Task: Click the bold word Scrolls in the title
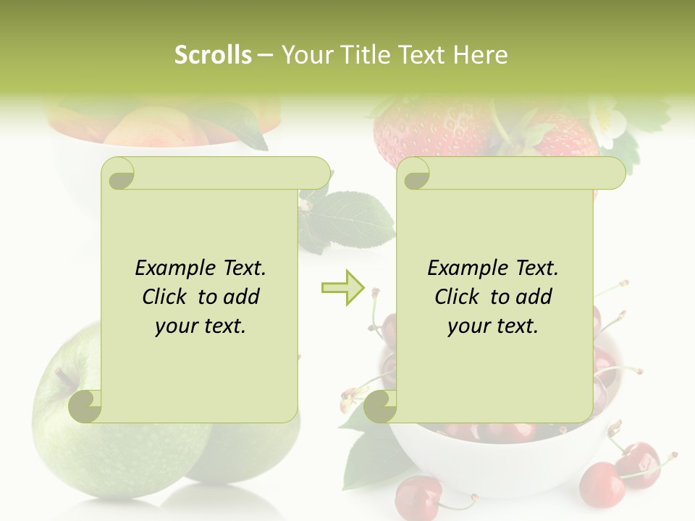click(x=213, y=55)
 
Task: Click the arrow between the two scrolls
click(x=342, y=287)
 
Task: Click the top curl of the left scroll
click(x=119, y=174)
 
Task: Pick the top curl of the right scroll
click(x=415, y=174)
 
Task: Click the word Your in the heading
click(x=304, y=55)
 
